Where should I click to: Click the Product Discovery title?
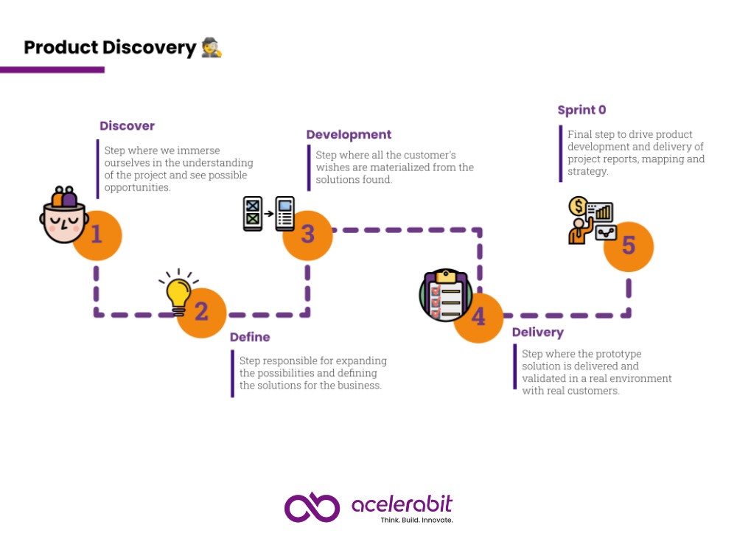tap(110, 47)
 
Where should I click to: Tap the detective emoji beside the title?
tap(212, 47)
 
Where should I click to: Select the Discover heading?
tap(127, 125)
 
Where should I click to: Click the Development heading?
tap(349, 134)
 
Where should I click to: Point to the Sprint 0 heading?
tap(582, 110)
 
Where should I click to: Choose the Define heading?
tap(250, 337)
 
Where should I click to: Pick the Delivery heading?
tap(538, 333)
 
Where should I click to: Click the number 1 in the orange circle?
tap(97, 235)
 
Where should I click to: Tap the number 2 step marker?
tap(202, 313)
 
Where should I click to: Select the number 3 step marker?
tap(308, 235)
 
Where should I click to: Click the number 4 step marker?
tap(478, 318)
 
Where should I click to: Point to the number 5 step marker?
tap(629, 247)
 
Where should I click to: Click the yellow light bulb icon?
tap(178, 291)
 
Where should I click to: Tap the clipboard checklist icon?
tap(446, 296)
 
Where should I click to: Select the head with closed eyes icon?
tap(64, 215)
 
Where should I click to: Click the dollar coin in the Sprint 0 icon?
tap(578, 206)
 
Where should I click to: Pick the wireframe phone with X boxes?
tap(252, 214)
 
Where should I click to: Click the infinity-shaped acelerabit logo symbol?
tap(312, 507)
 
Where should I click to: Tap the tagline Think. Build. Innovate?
tap(416, 520)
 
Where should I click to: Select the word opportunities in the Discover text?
tap(137, 187)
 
